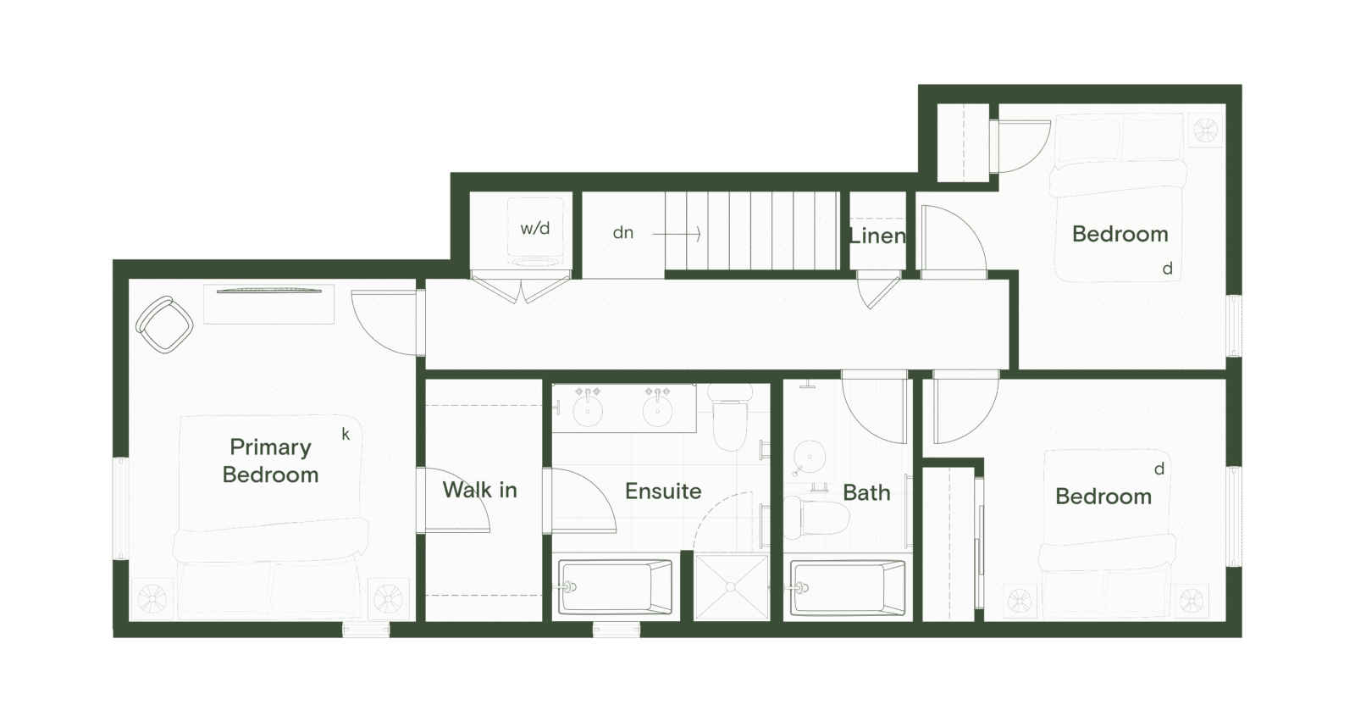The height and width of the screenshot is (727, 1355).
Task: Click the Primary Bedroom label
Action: click(x=270, y=460)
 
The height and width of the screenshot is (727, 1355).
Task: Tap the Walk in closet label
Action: click(x=479, y=490)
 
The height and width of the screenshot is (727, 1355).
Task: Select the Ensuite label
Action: click(x=663, y=491)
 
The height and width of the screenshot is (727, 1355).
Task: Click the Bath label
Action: click(x=866, y=492)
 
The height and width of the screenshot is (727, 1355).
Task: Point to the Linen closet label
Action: click(x=877, y=236)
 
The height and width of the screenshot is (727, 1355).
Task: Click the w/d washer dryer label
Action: click(x=534, y=229)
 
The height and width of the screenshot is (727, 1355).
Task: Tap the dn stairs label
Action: click(x=623, y=232)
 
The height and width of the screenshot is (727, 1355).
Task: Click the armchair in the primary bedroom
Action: click(x=164, y=324)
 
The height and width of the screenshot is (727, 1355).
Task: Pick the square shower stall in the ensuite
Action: click(x=731, y=585)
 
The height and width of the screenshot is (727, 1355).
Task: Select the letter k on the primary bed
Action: click(x=346, y=435)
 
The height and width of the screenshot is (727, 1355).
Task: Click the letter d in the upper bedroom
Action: click(x=1167, y=269)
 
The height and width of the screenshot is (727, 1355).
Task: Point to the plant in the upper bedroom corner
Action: click(x=1205, y=130)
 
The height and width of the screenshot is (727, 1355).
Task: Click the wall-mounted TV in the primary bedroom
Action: click(x=268, y=291)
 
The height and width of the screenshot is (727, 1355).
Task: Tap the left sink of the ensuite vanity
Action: click(x=586, y=412)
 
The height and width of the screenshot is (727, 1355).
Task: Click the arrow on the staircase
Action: click(x=677, y=233)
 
